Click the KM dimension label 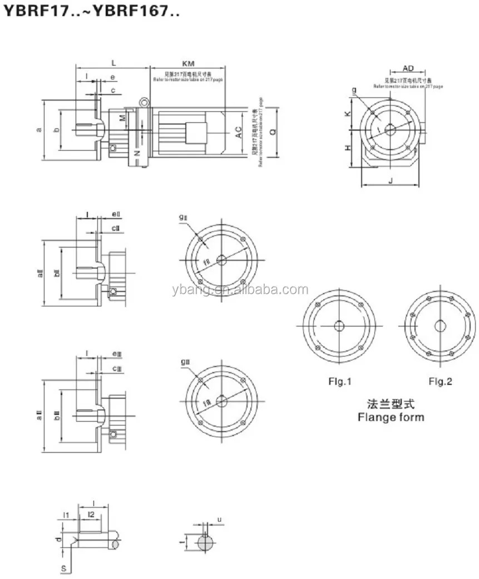click(x=187, y=64)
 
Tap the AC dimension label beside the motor click(x=238, y=132)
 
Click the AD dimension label click(x=408, y=68)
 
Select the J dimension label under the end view click(x=391, y=180)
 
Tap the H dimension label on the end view click(x=347, y=148)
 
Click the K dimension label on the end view click(x=347, y=113)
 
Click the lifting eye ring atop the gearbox click(x=144, y=102)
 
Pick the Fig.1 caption click(x=339, y=382)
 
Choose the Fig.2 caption click(x=440, y=382)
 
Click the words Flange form click(x=391, y=417)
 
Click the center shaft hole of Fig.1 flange click(x=339, y=326)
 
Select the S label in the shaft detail click(x=63, y=568)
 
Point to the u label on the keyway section click(x=219, y=520)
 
